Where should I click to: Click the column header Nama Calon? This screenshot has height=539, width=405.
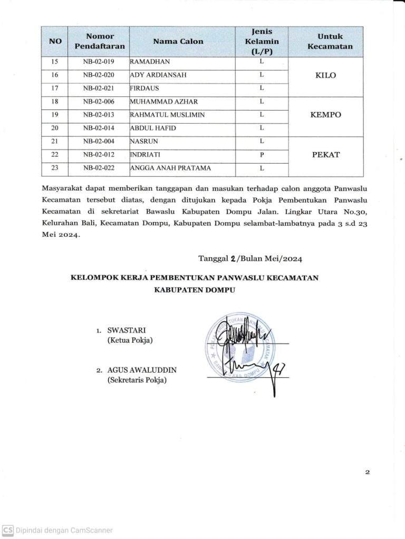click(178, 41)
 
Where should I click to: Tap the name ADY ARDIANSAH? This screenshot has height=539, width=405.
click(158, 75)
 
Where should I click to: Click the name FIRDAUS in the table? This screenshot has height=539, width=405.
click(144, 88)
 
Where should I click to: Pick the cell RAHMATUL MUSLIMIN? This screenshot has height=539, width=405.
click(167, 115)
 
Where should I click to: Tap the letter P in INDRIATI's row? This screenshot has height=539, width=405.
click(262, 155)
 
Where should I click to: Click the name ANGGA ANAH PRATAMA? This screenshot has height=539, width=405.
click(170, 168)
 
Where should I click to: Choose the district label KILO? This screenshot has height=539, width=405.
click(325, 75)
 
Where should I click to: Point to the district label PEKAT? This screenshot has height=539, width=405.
click(326, 155)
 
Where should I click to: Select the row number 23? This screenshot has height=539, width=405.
click(55, 168)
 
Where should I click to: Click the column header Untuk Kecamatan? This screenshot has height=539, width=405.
click(330, 41)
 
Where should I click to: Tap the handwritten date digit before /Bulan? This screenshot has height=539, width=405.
click(233, 258)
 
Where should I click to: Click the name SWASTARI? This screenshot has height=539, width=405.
click(126, 331)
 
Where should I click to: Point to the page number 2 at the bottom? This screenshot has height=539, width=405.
click(367, 472)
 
